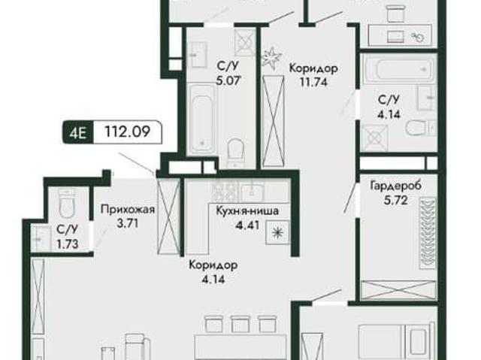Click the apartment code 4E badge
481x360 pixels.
[x=78, y=133]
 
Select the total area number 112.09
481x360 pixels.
[x=127, y=132]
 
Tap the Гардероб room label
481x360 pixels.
[x=396, y=186]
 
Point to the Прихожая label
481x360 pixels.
[x=128, y=210]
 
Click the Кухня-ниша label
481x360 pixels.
[x=247, y=211]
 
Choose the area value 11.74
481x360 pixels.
[x=313, y=82]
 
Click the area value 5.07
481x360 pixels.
[x=227, y=80]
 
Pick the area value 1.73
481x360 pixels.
[x=68, y=244]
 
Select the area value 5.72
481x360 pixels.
[x=396, y=201]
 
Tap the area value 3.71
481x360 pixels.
[x=128, y=223]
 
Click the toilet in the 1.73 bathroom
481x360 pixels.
[x=67, y=204]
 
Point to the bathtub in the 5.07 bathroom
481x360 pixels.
[x=201, y=119]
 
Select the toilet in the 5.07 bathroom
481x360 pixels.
[x=236, y=153]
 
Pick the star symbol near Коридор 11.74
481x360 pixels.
[x=271, y=56]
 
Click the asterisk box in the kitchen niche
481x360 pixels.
[x=277, y=232]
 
